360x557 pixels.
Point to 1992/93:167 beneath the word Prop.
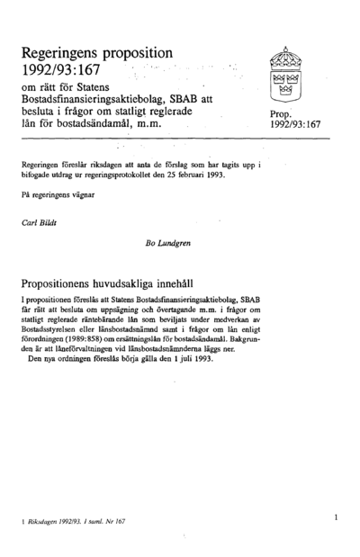[x=294, y=127]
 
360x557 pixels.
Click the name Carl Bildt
[x=41, y=218]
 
